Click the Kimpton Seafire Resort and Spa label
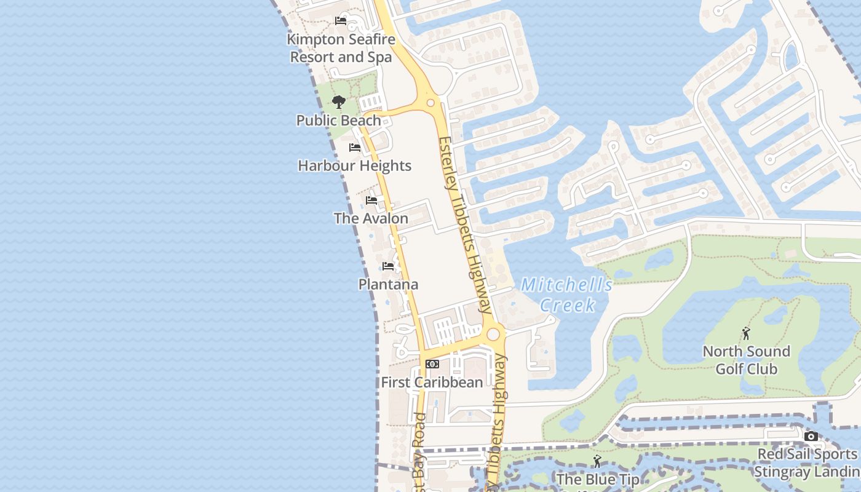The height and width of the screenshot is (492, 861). coord(341,48)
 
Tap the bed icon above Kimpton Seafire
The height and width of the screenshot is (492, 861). coord(341,21)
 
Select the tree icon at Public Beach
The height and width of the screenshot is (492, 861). coord(338,101)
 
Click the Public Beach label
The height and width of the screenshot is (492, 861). coord(338,121)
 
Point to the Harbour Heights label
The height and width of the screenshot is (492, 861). coord(354,165)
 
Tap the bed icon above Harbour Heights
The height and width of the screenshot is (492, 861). coord(355,148)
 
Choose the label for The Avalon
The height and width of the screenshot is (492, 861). coord(371,218)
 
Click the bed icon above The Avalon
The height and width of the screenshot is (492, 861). coord(371,200)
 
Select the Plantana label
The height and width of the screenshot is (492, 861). coord(388,284)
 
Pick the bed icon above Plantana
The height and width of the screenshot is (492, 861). coord(388,266)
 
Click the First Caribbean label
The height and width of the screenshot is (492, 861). coord(432,382)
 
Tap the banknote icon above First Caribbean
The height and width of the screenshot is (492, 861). coord(432,364)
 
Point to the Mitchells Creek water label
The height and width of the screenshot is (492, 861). coord(567,295)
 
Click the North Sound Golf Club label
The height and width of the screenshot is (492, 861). coord(746,360)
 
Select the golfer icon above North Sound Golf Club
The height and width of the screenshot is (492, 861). coord(746,333)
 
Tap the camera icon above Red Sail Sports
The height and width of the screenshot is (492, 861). coord(811,437)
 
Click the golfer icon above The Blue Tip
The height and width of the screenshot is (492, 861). coord(597,461)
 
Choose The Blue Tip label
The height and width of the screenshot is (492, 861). coord(598,479)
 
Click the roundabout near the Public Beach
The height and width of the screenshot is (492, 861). coord(430,103)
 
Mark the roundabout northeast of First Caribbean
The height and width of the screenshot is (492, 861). coord(493,335)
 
